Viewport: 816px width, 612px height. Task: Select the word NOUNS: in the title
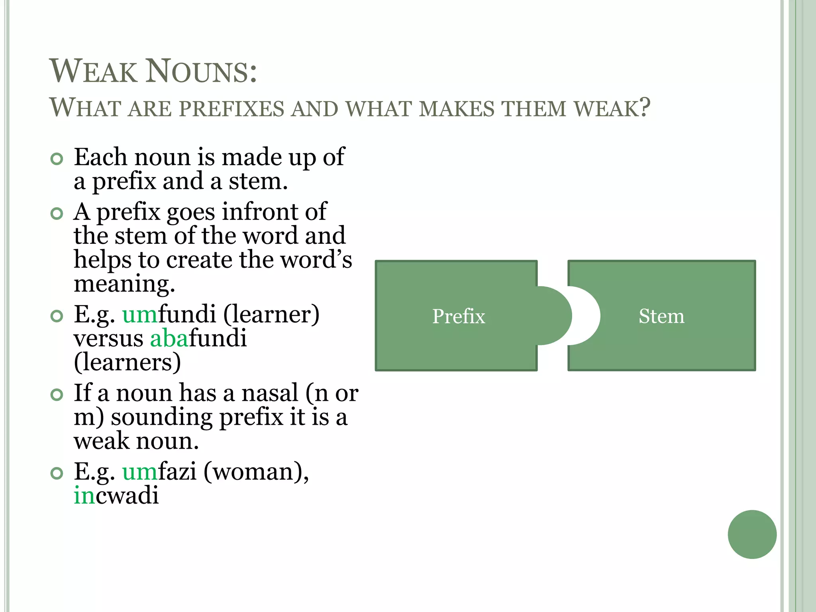(x=202, y=72)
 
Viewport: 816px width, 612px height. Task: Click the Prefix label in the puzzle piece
(x=459, y=316)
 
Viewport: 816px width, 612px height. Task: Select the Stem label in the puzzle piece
(x=661, y=316)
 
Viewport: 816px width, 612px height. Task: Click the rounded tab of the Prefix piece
(x=556, y=316)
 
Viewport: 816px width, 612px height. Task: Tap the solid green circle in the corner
(x=752, y=534)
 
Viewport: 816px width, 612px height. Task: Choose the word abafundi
(x=198, y=339)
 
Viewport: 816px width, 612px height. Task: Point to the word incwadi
(x=116, y=496)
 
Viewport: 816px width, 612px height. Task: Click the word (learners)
(x=127, y=363)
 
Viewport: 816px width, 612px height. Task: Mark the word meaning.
(x=124, y=284)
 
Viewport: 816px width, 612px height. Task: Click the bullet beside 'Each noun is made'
(x=57, y=159)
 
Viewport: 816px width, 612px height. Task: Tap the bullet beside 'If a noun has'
(x=57, y=395)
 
